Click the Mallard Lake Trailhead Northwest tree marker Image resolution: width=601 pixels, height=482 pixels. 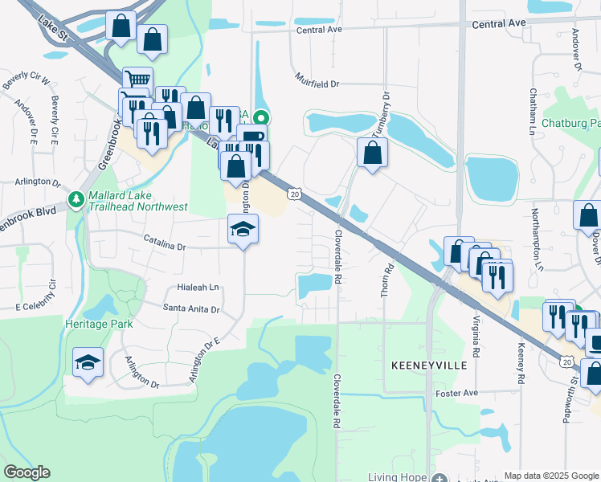pyautogui.click(x=76, y=198)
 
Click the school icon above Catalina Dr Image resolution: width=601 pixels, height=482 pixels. pyautogui.click(x=243, y=230)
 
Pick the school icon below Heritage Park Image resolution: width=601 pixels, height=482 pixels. pyautogui.click(x=88, y=363)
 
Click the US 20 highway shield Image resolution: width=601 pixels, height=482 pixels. pyautogui.click(x=295, y=194)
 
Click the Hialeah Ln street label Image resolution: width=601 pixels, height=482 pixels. pyautogui.click(x=192, y=287)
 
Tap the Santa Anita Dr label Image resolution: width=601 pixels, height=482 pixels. pyautogui.click(x=191, y=308)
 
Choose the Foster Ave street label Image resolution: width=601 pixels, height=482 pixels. pyautogui.click(x=456, y=393)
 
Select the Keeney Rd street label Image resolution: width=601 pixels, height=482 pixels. pyautogui.click(x=521, y=362)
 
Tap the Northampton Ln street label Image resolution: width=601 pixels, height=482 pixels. pyautogui.click(x=534, y=233)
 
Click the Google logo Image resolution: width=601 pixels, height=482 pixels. pyautogui.click(x=28, y=472)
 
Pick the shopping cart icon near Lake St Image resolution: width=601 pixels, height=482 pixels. pyautogui.click(x=137, y=80)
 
